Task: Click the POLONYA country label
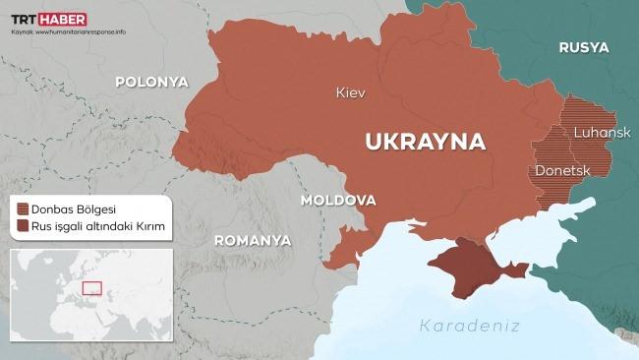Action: [x=151, y=83]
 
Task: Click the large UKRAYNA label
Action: [x=425, y=141]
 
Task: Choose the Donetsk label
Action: [x=561, y=171]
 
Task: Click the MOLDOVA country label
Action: [x=338, y=200]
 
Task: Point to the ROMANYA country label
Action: [x=253, y=240]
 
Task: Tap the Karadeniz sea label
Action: [x=468, y=326]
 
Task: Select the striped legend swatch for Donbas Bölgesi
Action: [x=23, y=209]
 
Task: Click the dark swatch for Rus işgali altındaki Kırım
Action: [x=23, y=227]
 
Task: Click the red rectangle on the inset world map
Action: [x=92, y=288]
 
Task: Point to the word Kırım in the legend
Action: [x=146, y=227]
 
